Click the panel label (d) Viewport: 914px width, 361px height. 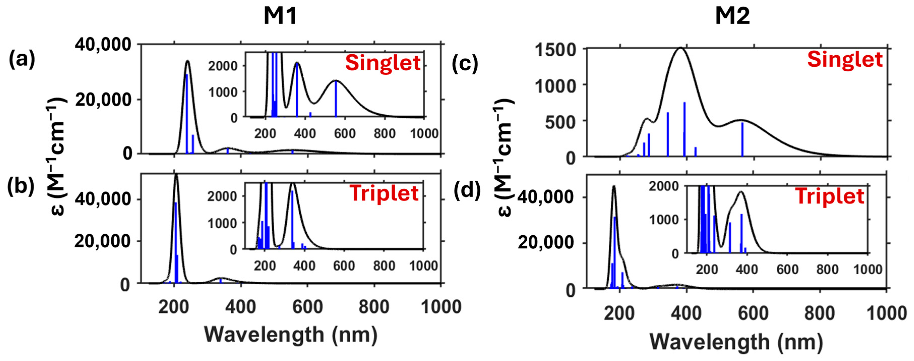click(x=467, y=190)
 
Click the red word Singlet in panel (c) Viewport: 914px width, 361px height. click(x=844, y=59)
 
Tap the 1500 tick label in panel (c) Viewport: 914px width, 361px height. click(x=556, y=50)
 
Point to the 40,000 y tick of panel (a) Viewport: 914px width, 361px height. click(x=103, y=45)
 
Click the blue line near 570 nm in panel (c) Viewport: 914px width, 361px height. click(x=742, y=139)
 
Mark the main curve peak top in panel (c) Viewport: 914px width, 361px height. click(x=681, y=48)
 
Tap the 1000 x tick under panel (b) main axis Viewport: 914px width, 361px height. click(x=441, y=307)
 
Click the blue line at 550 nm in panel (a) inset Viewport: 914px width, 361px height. click(x=336, y=99)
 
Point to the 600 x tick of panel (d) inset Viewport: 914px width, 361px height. click(x=787, y=270)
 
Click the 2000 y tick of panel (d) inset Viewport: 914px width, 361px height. click(x=664, y=186)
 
